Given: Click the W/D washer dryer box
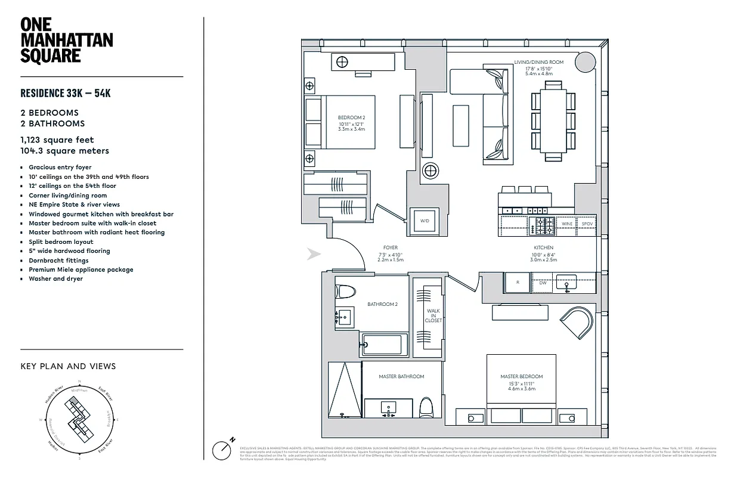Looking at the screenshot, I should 425,221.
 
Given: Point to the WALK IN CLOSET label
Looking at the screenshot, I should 433,315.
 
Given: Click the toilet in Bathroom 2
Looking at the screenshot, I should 345,292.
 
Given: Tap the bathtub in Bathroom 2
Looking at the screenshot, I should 385,344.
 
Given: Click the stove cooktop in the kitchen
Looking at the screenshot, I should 543,225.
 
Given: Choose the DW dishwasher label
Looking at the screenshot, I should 543,283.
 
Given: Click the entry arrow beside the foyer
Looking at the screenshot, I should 314,255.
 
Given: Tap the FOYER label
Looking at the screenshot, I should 391,247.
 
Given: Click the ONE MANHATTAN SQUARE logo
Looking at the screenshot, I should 66,40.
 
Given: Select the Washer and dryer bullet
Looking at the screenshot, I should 55,279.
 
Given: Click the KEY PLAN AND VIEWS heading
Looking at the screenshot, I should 68,366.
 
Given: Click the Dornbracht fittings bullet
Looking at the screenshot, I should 58,261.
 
